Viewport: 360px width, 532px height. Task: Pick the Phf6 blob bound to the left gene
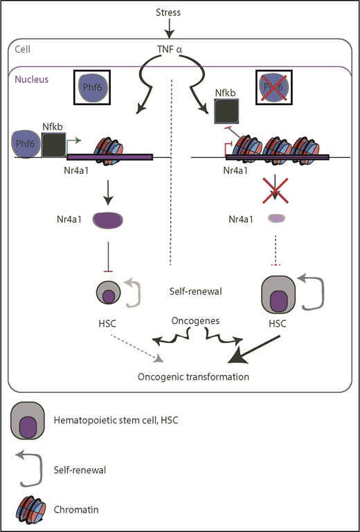coord(26,144)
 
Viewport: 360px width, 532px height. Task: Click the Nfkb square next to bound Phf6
coord(53,144)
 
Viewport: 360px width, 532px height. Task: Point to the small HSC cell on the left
coord(109,292)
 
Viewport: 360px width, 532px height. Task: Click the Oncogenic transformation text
coord(193,377)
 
